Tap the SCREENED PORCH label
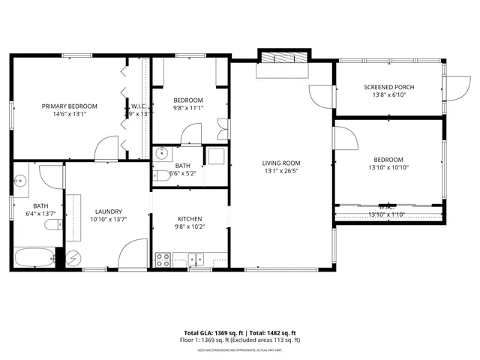coord(388,87)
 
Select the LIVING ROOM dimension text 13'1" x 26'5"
coord(281,171)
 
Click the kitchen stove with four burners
coord(163,259)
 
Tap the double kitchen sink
coord(196,259)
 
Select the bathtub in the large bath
coord(33,258)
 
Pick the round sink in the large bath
coord(20,180)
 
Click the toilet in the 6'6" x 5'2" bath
coord(160,177)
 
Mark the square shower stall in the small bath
coord(215,156)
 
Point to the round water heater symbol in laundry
coord(74,257)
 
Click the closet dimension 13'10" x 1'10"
coord(386,215)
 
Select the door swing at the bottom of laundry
coord(134,253)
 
